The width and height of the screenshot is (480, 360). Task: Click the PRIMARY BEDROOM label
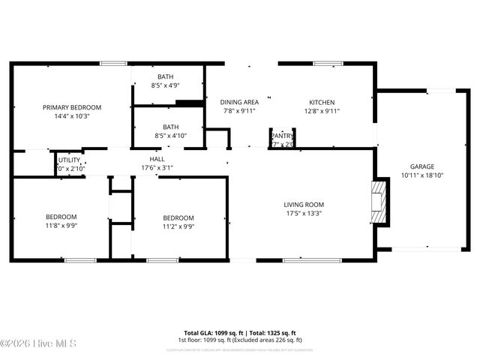(71, 107)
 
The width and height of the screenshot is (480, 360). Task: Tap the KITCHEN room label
(322, 103)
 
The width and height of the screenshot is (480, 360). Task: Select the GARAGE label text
(421, 166)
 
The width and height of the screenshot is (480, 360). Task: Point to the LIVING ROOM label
(303, 205)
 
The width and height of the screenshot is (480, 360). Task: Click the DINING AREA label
(238, 103)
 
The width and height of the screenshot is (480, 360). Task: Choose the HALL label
(157, 159)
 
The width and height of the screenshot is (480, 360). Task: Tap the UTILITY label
(70, 160)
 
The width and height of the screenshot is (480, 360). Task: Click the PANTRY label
(282, 135)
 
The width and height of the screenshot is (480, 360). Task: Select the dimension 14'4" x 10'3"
(71, 116)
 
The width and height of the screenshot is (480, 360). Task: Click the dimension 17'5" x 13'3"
(303, 213)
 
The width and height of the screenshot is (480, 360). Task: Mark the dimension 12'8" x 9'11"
(322, 111)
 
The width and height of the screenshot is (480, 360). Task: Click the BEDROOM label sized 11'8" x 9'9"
(61, 217)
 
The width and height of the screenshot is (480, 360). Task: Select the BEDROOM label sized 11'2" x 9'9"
(178, 218)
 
